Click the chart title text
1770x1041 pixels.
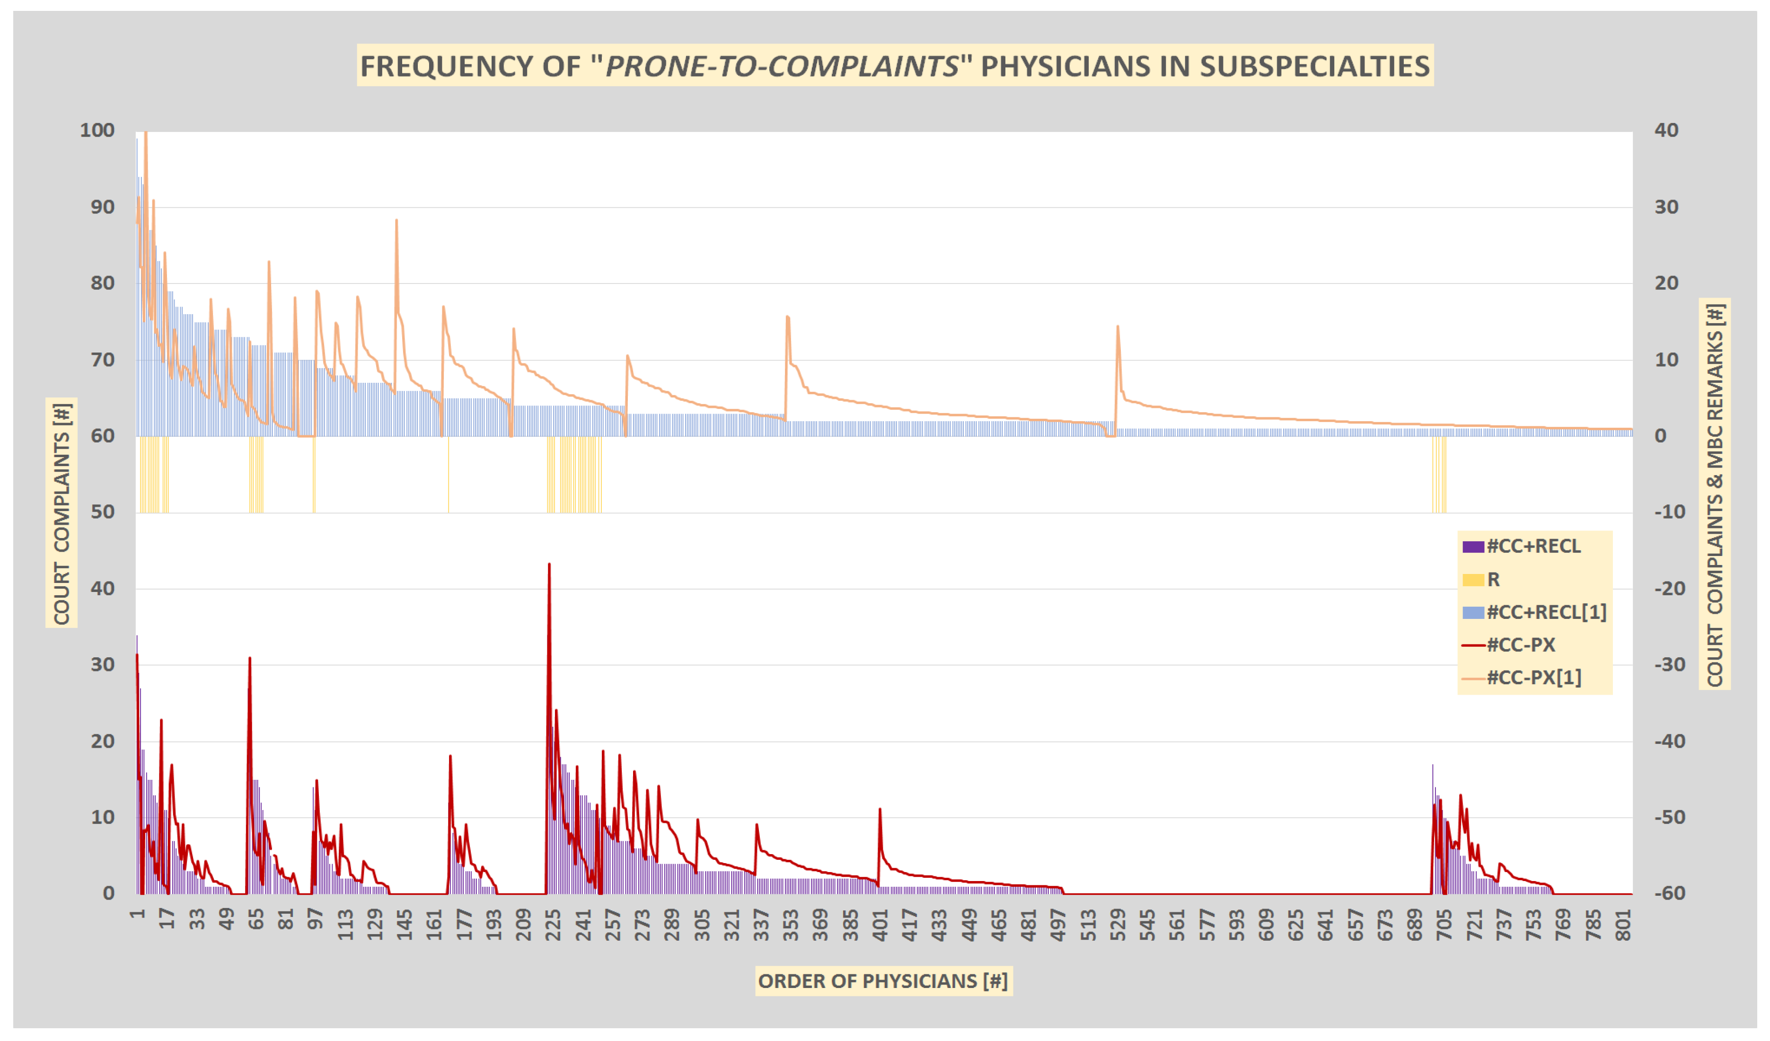pos(894,66)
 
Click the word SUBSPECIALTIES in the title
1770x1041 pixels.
pos(1313,66)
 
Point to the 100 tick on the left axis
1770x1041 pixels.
pos(97,131)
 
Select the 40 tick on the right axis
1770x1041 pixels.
pos(1666,131)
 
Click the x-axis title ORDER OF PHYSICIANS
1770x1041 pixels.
pos(883,981)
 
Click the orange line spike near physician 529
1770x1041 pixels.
pos(1118,327)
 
